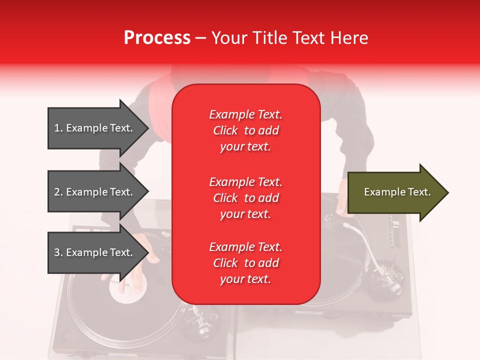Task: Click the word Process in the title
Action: (x=157, y=38)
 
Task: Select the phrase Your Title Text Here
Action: (x=289, y=38)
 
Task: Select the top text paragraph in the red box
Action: (x=245, y=130)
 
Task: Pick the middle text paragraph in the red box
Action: (x=245, y=198)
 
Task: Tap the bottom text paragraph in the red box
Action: (x=245, y=263)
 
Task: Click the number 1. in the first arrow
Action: (x=58, y=128)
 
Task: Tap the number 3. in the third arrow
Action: (x=58, y=252)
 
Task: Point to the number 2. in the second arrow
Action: (x=58, y=192)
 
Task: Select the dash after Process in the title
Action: (x=201, y=38)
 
